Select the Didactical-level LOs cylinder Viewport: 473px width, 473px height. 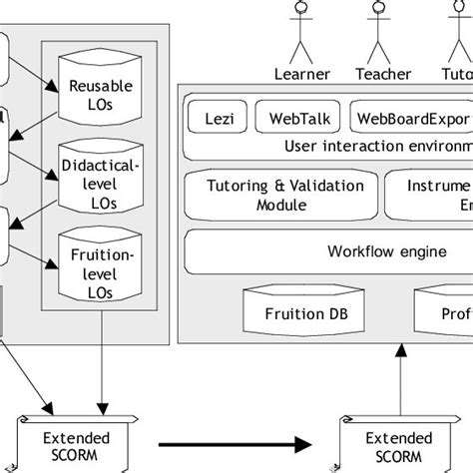(97, 177)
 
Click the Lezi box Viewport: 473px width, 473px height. (216, 117)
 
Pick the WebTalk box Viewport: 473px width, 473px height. (297, 117)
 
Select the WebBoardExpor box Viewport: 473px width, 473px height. (410, 117)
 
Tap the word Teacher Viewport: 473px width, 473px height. (383, 73)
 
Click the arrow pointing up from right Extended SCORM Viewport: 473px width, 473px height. (400, 379)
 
